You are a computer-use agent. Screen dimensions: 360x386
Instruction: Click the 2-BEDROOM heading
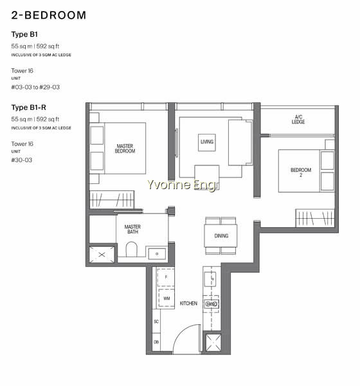pos(48,15)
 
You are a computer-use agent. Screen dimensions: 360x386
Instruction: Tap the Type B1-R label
pos(28,107)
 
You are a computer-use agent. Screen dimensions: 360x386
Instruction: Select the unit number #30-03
pos(22,160)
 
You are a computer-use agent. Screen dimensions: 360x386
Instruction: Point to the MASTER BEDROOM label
pos(125,149)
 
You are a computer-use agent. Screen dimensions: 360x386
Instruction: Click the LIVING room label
pos(207,142)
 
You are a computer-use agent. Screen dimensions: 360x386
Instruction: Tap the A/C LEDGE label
pos(298,120)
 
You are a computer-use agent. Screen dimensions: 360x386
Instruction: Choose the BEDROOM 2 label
pos(301,172)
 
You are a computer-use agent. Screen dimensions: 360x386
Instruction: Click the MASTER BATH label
pos(132,229)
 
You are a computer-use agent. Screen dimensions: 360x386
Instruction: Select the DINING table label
pos(221,236)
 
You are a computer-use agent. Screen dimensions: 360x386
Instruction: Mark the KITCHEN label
pos(188,304)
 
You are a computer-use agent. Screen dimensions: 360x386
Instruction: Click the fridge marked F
pos(166,277)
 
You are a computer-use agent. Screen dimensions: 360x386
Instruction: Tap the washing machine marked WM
pos(166,299)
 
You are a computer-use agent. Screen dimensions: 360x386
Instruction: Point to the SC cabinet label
pos(156,322)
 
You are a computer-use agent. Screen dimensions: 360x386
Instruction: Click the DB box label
pos(156,342)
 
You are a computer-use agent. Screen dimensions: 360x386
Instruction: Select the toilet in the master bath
pos(131,250)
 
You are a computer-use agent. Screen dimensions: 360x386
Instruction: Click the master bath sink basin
pos(157,254)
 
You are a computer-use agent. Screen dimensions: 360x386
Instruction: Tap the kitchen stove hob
pos(211,304)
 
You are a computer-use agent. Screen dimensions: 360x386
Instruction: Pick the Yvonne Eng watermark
pos(181,185)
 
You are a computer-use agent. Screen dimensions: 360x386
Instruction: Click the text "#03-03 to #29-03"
pos(35,87)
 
